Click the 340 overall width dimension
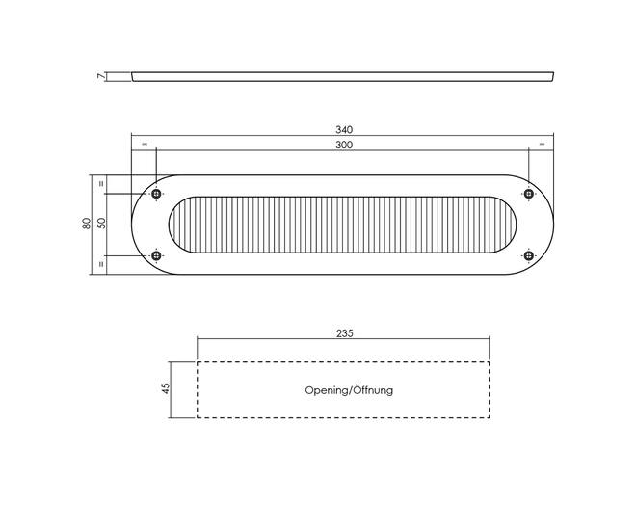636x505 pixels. [344, 130]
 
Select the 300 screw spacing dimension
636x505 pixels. [344, 145]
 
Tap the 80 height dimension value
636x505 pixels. [87, 224]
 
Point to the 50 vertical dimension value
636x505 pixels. [101, 224]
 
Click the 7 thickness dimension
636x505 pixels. [101, 76]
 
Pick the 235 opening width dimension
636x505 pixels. [345, 333]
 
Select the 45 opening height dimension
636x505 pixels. [165, 388]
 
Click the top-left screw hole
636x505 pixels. [156, 194]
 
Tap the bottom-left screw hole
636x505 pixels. [156, 255]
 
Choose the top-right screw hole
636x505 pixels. [528, 194]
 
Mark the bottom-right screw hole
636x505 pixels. [528, 255]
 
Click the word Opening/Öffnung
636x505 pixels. [349, 390]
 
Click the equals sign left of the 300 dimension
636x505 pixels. [145, 145]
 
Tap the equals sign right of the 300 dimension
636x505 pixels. [542, 145]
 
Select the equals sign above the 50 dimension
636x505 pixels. [101, 183]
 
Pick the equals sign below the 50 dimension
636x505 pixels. [101, 264]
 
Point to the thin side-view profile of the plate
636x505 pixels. [343, 77]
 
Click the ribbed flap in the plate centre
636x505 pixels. [343, 225]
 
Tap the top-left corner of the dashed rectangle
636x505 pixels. [198, 361]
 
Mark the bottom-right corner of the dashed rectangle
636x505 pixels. [490, 417]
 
